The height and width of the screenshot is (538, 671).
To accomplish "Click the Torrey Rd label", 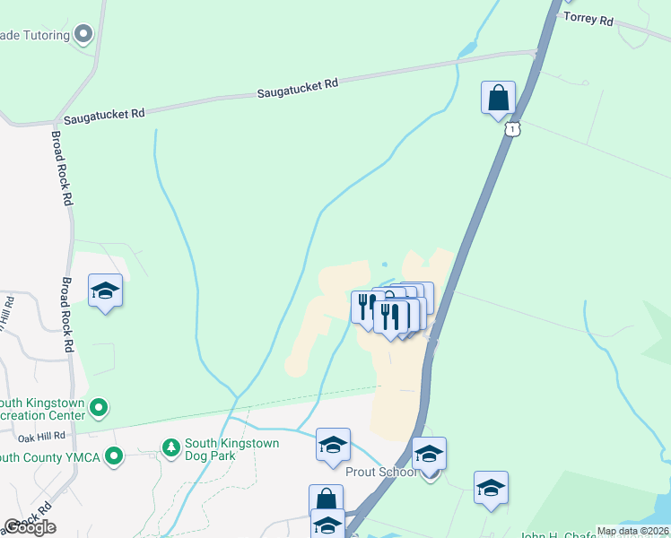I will (588, 19).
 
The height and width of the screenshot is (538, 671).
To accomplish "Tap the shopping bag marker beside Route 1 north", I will (498, 98).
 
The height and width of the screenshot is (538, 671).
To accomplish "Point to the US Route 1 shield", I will (511, 130).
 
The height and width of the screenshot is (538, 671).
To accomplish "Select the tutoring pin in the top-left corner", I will (84, 35).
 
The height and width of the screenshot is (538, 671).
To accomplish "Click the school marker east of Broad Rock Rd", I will (106, 291).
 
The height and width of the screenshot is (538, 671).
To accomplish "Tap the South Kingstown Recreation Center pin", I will (99, 409).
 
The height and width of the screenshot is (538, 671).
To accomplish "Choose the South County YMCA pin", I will (113, 456).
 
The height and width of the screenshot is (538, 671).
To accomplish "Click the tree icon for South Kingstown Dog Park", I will (170, 446).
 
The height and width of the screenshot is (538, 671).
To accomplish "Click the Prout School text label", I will (381, 472).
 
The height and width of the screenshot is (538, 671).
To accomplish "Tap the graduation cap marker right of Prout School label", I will (429, 454).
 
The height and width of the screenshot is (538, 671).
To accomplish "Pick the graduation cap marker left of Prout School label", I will (333, 444).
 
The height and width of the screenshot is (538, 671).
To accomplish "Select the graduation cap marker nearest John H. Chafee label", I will (491, 488).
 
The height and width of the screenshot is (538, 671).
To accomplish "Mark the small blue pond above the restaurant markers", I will (384, 265).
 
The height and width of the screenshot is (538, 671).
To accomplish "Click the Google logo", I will (30, 527).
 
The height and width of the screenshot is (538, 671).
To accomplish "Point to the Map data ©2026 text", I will (633, 531).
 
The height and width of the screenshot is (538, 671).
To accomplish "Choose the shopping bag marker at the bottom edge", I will (326, 500).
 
